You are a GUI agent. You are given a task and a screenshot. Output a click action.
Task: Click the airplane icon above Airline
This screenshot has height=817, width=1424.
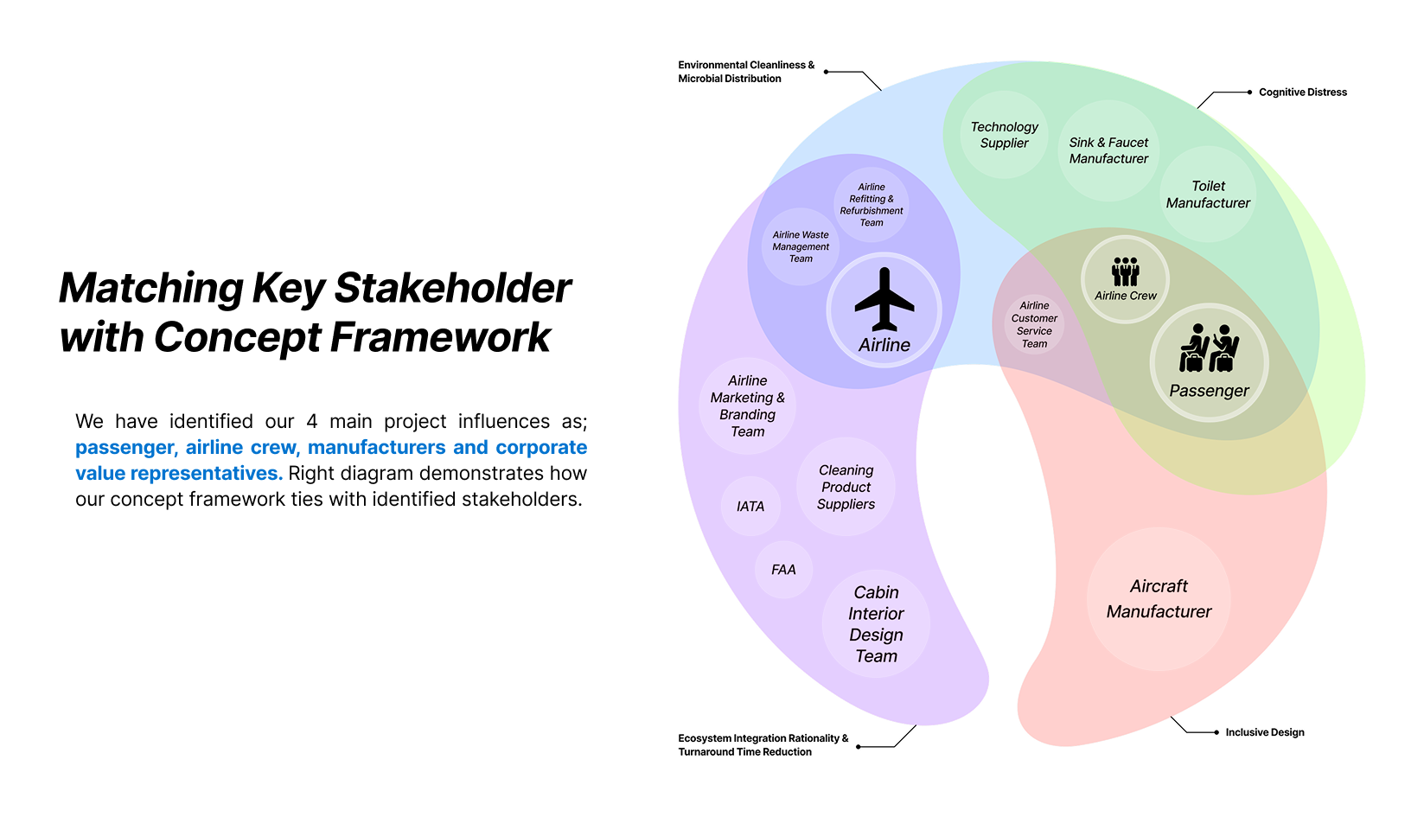tap(884, 299)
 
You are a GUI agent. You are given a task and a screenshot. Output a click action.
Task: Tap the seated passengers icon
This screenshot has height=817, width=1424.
tap(1209, 348)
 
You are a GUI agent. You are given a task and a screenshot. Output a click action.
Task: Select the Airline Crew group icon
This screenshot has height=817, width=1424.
tap(1125, 271)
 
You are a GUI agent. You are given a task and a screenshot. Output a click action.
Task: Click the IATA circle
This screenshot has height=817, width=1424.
tap(750, 506)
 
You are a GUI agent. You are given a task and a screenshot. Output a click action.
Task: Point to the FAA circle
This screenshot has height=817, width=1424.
tap(784, 570)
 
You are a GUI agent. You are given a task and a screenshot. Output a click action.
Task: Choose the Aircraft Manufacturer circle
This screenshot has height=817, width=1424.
tap(1159, 599)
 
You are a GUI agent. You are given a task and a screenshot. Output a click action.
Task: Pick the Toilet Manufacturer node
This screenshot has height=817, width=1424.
tap(1208, 194)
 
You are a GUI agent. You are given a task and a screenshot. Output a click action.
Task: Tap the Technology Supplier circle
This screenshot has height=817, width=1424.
tap(1005, 135)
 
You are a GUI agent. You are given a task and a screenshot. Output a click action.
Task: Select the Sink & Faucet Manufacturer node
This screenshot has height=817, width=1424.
tap(1108, 150)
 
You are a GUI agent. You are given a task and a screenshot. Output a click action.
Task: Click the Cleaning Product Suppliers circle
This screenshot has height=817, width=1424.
tap(846, 487)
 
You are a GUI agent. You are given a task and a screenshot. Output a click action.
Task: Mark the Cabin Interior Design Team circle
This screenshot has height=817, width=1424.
tap(876, 623)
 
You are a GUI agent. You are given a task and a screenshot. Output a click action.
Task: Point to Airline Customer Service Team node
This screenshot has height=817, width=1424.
tap(1034, 324)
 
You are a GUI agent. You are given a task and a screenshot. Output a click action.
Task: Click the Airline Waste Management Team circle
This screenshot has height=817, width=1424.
tap(801, 246)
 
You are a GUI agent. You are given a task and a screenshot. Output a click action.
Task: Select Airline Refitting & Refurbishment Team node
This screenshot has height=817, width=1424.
tap(872, 205)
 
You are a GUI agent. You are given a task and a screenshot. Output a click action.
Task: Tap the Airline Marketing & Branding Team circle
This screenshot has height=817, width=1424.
tap(748, 405)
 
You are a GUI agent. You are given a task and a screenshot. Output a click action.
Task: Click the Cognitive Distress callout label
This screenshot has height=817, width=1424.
tap(1303, 93)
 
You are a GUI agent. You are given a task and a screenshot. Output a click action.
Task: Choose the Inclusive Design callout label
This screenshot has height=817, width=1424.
tap(1264, 732)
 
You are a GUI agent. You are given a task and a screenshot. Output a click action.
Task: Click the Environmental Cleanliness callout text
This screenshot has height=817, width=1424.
tap(745, 72)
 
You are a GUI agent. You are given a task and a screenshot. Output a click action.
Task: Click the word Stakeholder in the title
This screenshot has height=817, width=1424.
tap(452, 288)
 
